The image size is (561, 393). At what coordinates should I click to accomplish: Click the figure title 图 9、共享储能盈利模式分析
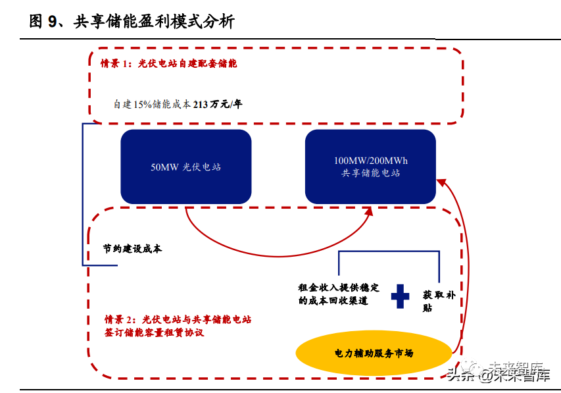click(132, 22)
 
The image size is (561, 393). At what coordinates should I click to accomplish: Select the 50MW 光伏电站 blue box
click(185, 167)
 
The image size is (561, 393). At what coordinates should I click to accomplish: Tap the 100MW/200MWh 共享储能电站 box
click(370, 167)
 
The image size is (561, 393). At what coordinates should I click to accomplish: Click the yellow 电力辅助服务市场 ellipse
click(374, 354)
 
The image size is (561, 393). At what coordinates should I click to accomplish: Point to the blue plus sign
click(400, 296)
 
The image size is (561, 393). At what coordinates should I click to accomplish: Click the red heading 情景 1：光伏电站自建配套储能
click(168, 64)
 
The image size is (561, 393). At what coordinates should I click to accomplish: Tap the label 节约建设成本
click(132, 249)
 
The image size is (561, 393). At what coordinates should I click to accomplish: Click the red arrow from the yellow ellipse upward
click(465, 263)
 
